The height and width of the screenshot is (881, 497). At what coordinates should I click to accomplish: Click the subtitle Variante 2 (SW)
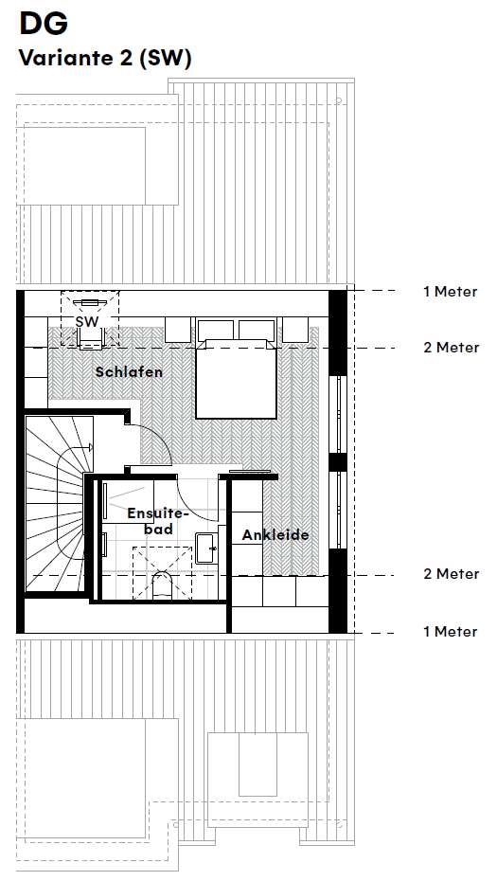[105, 59]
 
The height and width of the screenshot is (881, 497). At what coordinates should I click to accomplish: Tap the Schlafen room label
[129, 372]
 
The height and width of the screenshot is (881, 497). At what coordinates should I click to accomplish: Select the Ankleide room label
[275, 535]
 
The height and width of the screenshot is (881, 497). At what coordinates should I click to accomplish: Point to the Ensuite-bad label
[158, 520]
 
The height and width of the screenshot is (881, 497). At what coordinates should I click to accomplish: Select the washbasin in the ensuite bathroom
[207, 546]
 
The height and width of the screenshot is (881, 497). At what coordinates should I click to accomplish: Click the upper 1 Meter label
[450, 292]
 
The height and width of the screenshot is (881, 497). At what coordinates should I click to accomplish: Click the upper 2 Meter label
[450, 348]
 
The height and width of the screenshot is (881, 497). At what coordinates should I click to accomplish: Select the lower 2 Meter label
[450, 574]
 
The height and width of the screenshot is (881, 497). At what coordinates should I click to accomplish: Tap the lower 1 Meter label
[450, 632]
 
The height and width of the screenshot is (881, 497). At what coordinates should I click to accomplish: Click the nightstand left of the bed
[179, 330]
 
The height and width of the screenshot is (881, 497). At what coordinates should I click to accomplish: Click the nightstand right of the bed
[294, 330]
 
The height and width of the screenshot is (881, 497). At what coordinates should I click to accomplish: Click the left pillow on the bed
[217, 331]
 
